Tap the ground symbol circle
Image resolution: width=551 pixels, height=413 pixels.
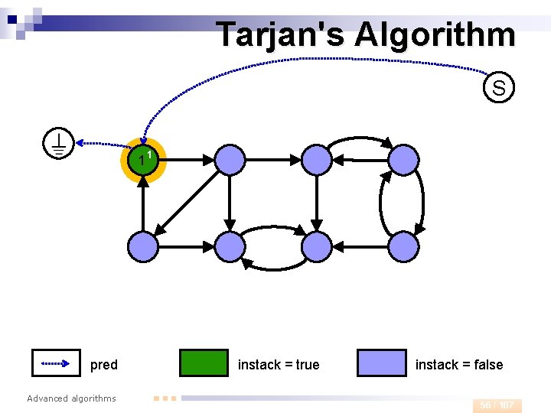coord(58,143)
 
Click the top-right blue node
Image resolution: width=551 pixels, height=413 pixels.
coord(404,160)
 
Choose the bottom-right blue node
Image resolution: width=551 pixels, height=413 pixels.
coord(404,247)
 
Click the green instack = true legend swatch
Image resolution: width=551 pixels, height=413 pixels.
coord(204,363)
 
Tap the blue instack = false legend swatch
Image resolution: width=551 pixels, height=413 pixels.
coord(382,363)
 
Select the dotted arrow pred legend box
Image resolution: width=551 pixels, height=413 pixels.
coord(57,363)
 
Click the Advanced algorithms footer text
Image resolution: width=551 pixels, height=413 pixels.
coord(71,398)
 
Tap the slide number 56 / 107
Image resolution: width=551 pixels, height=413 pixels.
coord(497,405)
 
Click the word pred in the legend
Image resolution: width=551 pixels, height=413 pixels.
coord(104,365)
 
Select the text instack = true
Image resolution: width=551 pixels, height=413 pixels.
coord(279,365)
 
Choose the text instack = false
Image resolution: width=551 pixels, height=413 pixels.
coord(459,365)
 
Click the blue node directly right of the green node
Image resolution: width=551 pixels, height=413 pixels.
coord(230,160)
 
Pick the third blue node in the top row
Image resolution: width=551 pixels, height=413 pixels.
coord(317,160)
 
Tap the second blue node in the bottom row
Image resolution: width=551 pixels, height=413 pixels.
coord(230,247)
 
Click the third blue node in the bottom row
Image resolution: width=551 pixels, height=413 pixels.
coord(317,247)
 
